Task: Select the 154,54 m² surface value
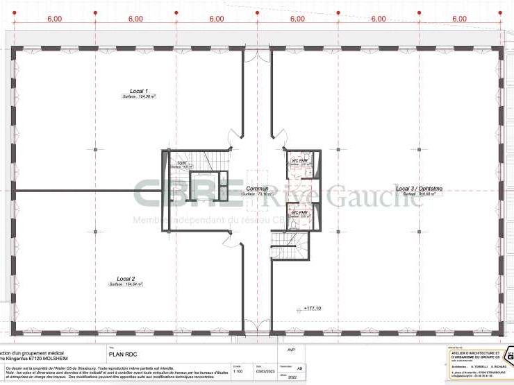pyautogui.click(x=126, y=284)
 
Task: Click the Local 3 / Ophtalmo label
pyautogui.click(x=420, y=188)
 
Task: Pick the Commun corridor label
pyautogui.click(x=255, y=189)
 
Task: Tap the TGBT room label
pyautogui.click(x=182, y=162)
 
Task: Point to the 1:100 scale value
pyautogui.click(x=238, y=370)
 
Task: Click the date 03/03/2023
pyautogui.click(x=263, y=370)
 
